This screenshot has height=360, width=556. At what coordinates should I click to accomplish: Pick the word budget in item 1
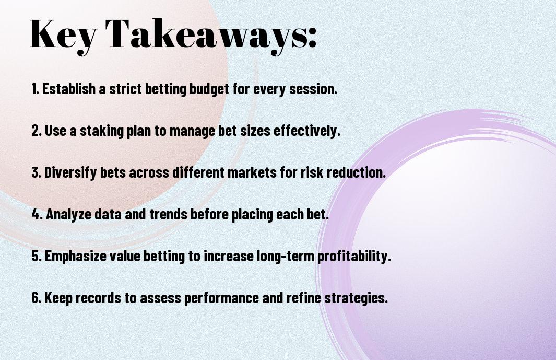pyautogui.click(x=209, y=89)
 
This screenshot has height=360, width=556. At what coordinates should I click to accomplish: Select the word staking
pyautogui.click(x=101, y=131)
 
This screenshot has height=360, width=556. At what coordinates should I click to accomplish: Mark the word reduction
pyautogui.click(x=356, y=172)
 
